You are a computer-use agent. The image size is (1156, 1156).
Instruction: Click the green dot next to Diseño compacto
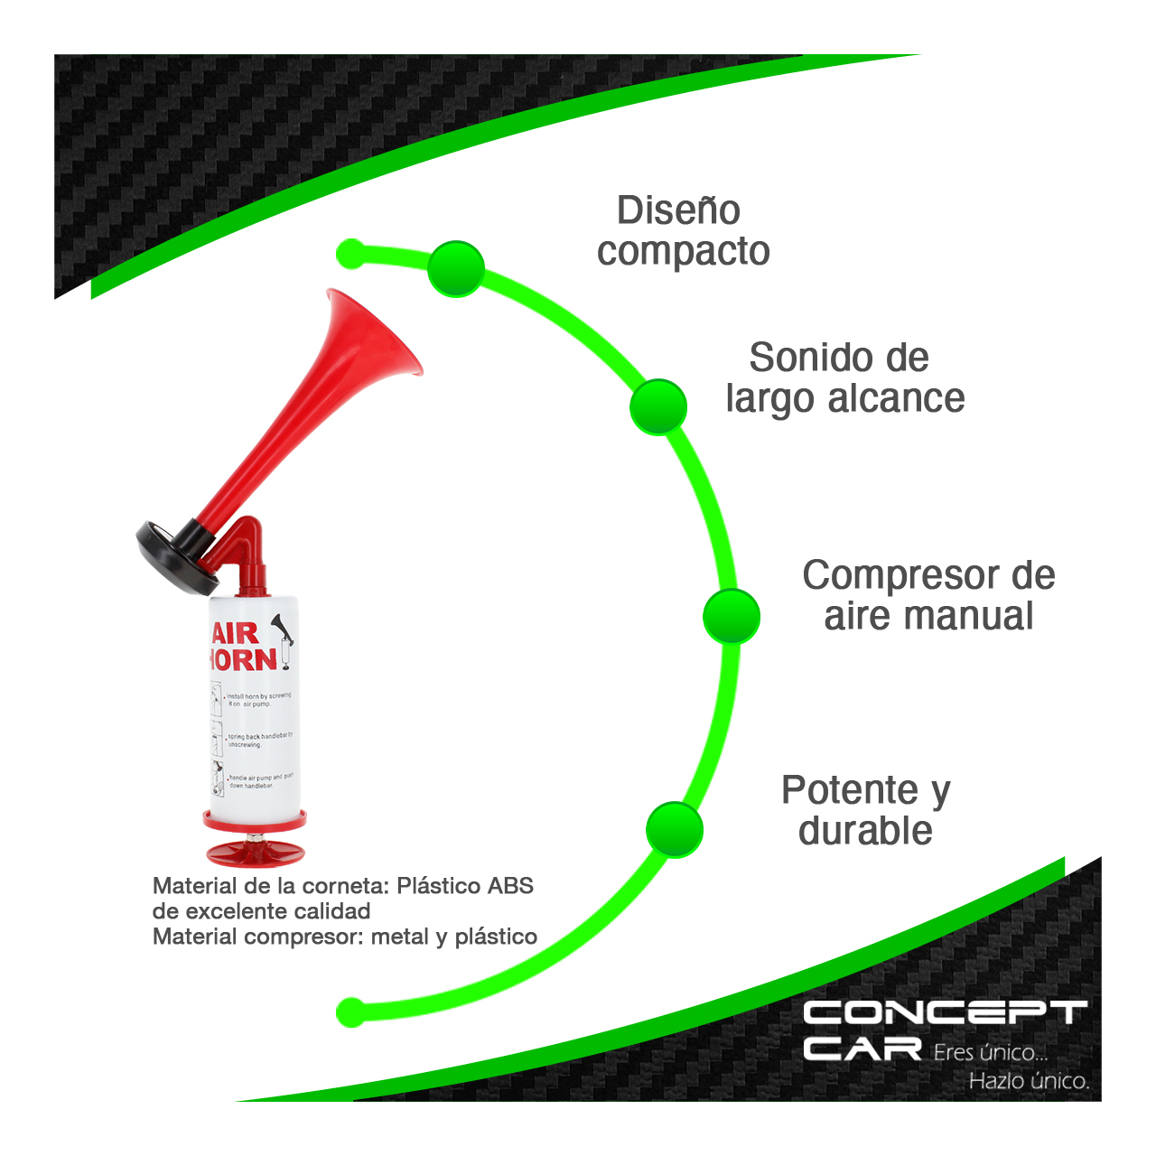point(456,268)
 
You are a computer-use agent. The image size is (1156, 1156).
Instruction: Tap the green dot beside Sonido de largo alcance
point(658,406)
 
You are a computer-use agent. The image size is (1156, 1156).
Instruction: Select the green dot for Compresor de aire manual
point(732,616)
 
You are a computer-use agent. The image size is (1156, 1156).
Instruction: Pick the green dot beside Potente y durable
point(675,829)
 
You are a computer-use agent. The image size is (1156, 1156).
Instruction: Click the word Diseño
point(678,210)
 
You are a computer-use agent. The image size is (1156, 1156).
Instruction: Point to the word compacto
point(683,251)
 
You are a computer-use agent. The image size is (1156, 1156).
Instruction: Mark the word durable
point(865,831)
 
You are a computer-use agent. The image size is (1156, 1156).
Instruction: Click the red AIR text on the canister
point(235,632)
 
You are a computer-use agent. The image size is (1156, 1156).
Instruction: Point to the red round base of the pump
point(255,851)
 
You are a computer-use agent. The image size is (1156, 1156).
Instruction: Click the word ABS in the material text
point(510,886)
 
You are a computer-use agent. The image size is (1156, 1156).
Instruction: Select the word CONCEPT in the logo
point(945,1013)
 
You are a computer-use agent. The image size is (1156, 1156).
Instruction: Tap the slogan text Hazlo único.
point(1029,1081)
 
